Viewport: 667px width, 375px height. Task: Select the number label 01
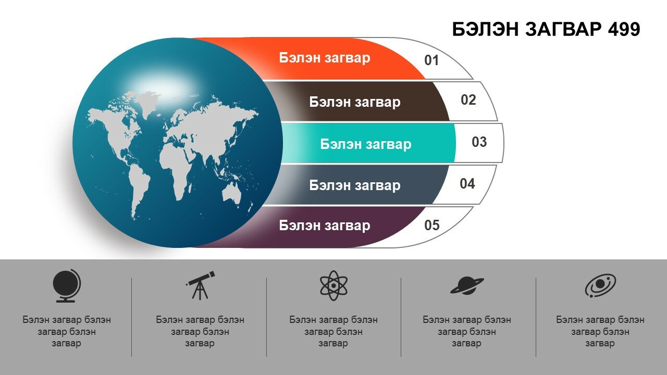pyautogui.click(x=431, y=60)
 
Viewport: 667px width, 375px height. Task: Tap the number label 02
pyautogui.click(x=468, y=99)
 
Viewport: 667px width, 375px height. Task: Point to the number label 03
pyautogui.click(x=479, y=142)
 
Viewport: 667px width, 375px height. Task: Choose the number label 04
pyautogui.click(x=467, y=184)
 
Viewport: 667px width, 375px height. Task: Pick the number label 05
pyautogui.click(x=432, y=226)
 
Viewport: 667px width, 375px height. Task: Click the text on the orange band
pyautogui.click(x=325, y=58)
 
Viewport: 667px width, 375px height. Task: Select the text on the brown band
pyautogui.click(x=355, y=102)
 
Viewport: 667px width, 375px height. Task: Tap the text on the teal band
pyautogui.click(x=366, y=144)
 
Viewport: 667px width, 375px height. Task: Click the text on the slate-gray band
pyautogui.click(x=355, y=185)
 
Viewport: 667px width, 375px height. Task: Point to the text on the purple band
pyautogui.click(x=325, y=226)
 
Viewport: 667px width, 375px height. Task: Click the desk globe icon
pyautogui.click(x=66, y=286)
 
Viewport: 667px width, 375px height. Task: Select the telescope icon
pyautogui.click(x=200, y=285)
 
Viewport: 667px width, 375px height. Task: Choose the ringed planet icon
pyautogui.click(x=467, y=285)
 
